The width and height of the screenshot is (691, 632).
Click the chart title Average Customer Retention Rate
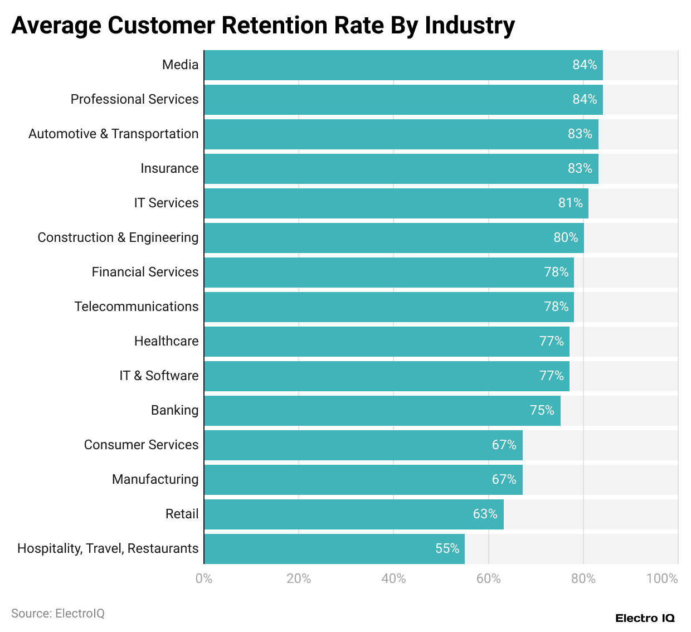[263, 25]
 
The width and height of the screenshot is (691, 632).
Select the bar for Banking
[382, 410]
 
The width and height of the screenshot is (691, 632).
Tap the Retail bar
[354, 514]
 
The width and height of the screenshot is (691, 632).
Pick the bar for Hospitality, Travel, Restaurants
[334, 548]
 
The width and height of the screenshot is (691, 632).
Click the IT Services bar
[396, 203]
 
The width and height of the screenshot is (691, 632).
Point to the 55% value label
[447, 548]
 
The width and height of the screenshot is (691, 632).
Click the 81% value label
[570, 203]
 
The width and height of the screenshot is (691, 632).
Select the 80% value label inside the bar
[566, 237]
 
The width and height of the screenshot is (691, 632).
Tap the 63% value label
[485, 514]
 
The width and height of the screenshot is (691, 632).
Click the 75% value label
[542, 410]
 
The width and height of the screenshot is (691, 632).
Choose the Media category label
[180, 65]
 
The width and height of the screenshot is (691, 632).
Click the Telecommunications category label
[137, 307]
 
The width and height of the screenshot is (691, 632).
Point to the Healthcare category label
[166, 341]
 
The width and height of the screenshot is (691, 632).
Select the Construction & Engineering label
[118, 237]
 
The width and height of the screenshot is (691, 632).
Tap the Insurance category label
[169, 168]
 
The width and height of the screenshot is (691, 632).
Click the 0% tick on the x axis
[204, 578]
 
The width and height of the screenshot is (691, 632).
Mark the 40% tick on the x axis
[393, 578]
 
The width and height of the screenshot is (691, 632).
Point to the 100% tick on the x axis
[662, 578]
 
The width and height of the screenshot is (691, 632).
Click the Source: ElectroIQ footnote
[58, 613]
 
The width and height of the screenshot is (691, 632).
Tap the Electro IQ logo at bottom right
[645, 618]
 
